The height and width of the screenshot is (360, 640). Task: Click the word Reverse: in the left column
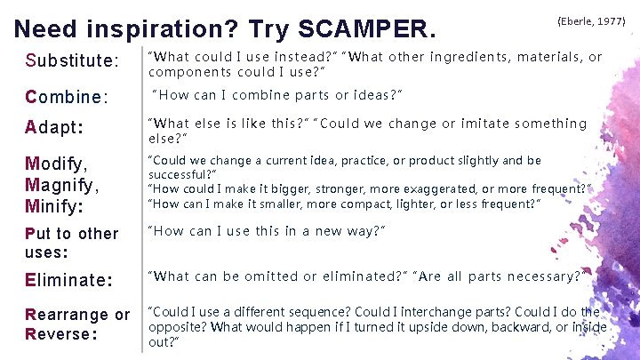click(59, 334)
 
